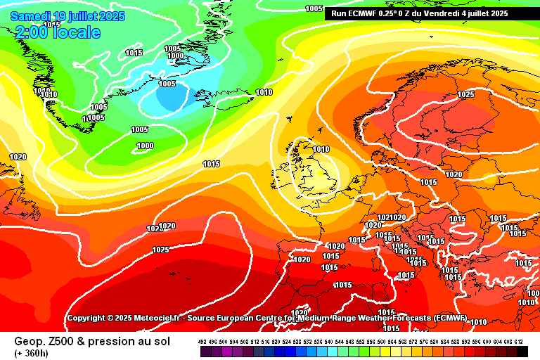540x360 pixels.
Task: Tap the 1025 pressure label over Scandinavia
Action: pos(465,94)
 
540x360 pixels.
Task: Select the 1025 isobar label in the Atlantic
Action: pos(160,250)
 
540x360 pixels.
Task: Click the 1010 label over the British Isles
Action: pos(321,149)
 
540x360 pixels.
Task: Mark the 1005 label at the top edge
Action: pos(314,8)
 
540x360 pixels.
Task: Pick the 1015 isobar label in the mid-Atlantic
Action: pos(211,164)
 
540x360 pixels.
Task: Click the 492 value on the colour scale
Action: pos(202,342)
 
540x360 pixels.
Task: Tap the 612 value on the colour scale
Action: pos(519,342)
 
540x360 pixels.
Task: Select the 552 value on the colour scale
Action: pos(361,342)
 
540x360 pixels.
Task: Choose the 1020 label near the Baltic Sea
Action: pos(454,174)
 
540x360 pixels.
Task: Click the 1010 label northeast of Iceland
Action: pos(264,92)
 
